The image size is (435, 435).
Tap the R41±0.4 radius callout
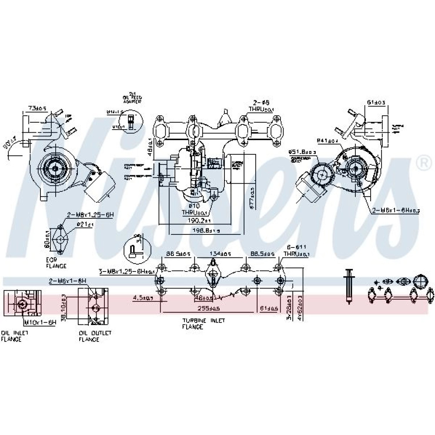[x=327, y=141]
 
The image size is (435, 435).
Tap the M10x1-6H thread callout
[x=40, y=322]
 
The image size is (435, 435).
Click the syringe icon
[x=348, y=285]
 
